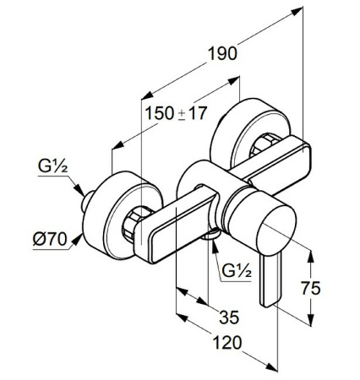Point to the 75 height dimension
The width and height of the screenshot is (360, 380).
coord(311,288)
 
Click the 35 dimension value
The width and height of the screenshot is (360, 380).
coord(228,318)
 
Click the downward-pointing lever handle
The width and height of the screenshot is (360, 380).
coord(269,282)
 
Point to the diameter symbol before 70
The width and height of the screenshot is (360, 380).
coord(38,238)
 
